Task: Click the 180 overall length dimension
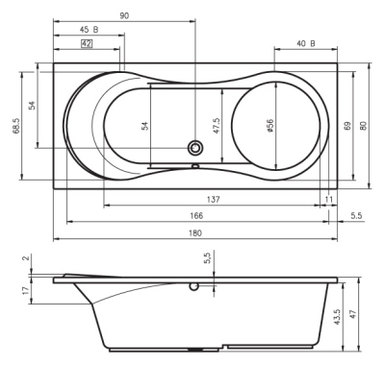click(195, 233)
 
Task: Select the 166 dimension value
click(195, 216)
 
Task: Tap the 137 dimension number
click(215, 199)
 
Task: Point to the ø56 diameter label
click(272, 127)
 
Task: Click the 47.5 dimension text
click(218, 127)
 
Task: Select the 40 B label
click(305, 44)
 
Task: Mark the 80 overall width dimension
click(364, 127)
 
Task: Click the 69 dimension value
click(346, 127)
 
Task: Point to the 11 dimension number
click(329, 199)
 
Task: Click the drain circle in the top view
click(195, 148)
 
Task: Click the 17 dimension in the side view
click(23, 291)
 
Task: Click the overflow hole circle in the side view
click(195, 285)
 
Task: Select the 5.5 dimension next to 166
click(357, 216)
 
